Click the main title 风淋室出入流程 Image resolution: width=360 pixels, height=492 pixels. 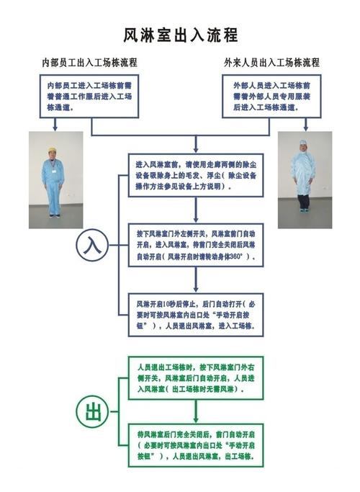(x=180, y=35)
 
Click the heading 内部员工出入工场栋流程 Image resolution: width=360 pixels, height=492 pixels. (x=90, y=63)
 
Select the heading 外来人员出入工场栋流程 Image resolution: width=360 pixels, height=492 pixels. (x=271, y=63)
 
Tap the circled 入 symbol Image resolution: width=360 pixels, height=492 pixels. (x=92, y=245)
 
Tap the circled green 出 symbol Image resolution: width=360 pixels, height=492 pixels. (x=92, y=411)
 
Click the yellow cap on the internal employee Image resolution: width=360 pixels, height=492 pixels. (x=53, y=149)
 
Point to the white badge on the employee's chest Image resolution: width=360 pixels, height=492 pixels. (x=54, y=171)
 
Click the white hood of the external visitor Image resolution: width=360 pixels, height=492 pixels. (x=303, y=145)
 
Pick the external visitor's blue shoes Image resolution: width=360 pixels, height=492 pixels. (x=303, y=210)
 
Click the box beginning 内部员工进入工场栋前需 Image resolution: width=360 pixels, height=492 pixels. (x=89, y=97)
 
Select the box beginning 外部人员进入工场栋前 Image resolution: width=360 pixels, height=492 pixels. (x=271, y=97)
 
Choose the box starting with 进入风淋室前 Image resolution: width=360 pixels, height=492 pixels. (x=196, y=175)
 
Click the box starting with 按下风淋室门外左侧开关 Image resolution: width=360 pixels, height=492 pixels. (x=196, y=245)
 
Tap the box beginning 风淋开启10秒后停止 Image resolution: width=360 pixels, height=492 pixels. (x=196, y=315)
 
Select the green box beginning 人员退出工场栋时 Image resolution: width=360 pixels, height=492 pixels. (x=196, y=377)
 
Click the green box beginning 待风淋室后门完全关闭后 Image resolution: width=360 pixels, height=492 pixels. (x=196, y=445)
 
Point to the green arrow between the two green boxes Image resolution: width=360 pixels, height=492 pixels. (x=196, y=411)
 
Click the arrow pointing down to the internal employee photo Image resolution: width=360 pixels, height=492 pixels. (x=55, y=125)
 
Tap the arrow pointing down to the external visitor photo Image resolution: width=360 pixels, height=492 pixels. (x=306, y=125)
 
